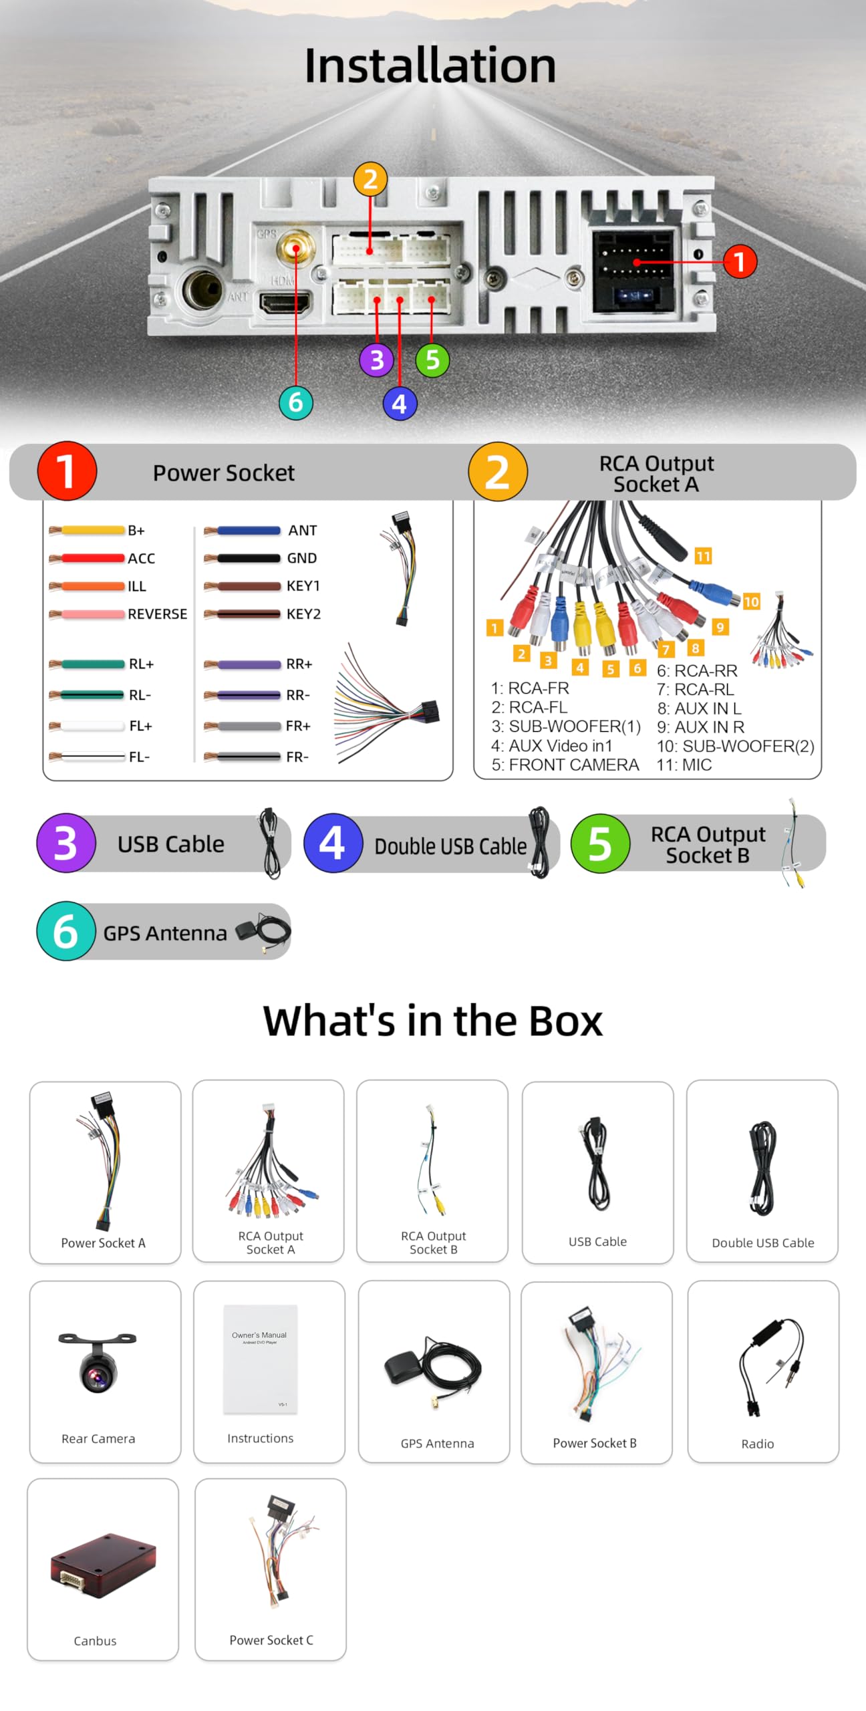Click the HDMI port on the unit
[285, 304]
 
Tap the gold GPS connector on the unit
[295, 249]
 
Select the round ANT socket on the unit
[202, 289]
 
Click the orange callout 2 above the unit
[370, 179]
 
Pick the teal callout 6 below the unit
[295, 402]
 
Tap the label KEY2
[303, 614]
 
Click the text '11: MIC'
[684, 765]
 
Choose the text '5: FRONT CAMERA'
[565, 765]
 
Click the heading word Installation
[430, 65]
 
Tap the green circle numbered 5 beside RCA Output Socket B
[600, 843]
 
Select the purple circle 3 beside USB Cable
[65, 843]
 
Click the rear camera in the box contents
[98, 1363]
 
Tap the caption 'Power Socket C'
[271, 1640]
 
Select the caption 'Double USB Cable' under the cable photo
[762, 1243]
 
